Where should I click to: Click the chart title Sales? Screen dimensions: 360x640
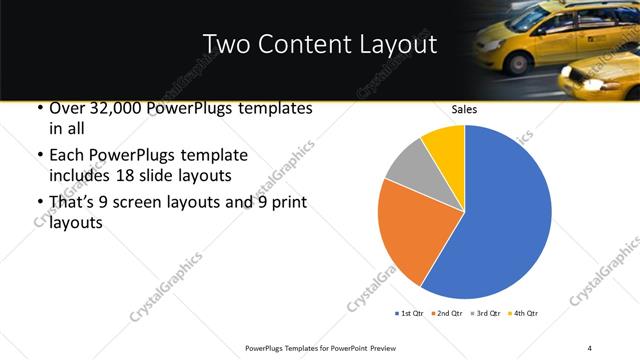click(465, 109)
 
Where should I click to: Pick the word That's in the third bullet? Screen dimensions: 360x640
click(73, 203)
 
